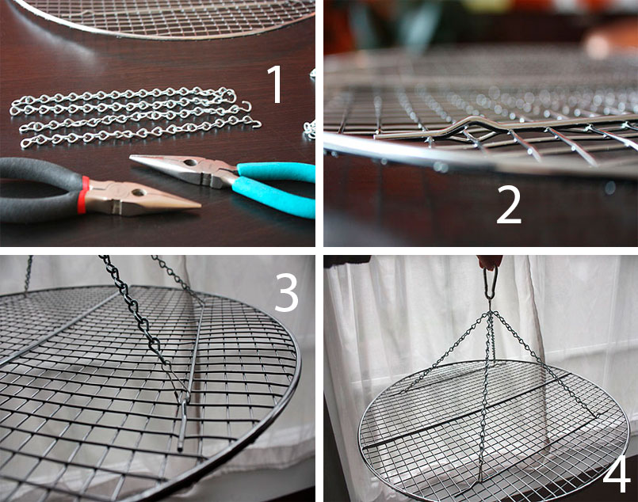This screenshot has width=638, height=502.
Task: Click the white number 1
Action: click(275, 84)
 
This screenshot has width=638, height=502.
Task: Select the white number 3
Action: click(287, 292)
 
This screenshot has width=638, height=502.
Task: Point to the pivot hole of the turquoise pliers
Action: click(189, 163)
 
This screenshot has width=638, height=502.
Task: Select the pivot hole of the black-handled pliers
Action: click(138, 192)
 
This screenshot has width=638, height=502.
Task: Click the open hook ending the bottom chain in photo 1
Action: click(254, 123)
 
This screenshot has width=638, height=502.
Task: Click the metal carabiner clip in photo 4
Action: click(491, 283)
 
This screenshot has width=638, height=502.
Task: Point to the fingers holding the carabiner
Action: click(490, 262)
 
